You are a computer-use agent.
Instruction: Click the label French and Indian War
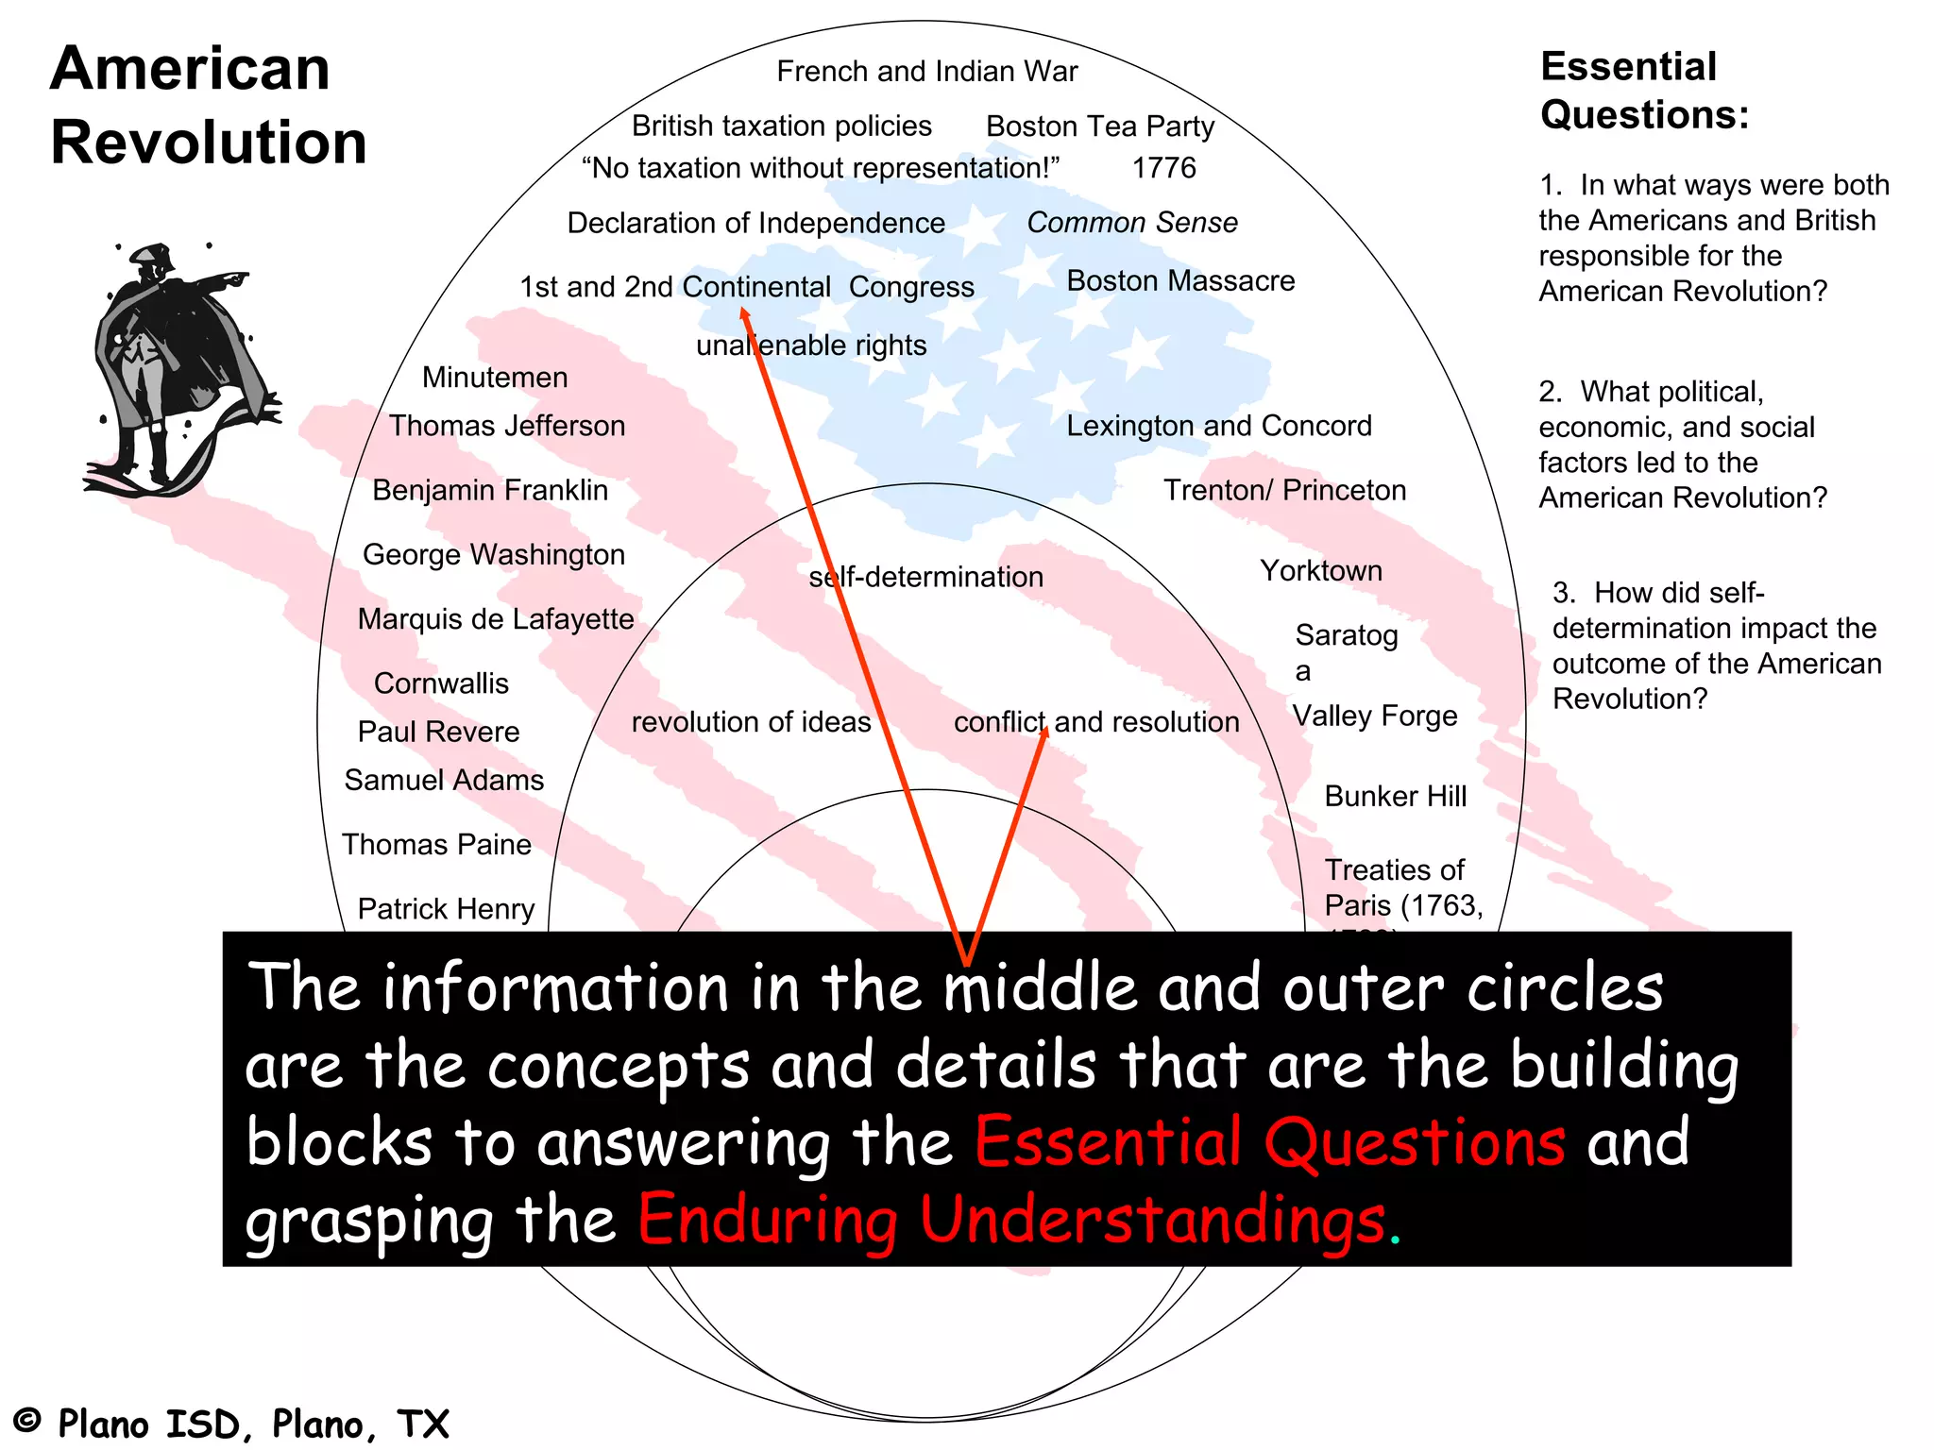pos(926,72)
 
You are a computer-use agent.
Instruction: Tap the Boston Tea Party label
pos(1099,126)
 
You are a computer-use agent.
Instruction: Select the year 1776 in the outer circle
pos(1163,168)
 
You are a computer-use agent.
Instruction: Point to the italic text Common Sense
pos(1131,223)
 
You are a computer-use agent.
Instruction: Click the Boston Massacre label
pos(1180,281)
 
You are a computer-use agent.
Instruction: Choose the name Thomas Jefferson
pos(507,427)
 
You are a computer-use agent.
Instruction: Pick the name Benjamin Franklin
pos(490,491)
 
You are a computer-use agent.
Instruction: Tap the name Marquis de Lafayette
pos(496,619)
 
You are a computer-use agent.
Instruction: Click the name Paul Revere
pos(438,733)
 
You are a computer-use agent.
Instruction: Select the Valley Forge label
pos(1375,717)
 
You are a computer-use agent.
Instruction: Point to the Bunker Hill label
pos(1395,797)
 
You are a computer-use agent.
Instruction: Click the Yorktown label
pos(1321,571)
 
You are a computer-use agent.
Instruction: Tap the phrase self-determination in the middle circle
pos(926,577)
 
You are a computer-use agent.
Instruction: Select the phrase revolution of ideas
pos(751,722)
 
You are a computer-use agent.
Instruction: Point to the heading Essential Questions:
pos(1644,91)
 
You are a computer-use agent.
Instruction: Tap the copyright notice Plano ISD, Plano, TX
pos(231,1424)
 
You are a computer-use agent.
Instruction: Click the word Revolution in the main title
pos(209,143)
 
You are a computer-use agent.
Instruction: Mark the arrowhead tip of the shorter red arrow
pos(1045,728)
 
